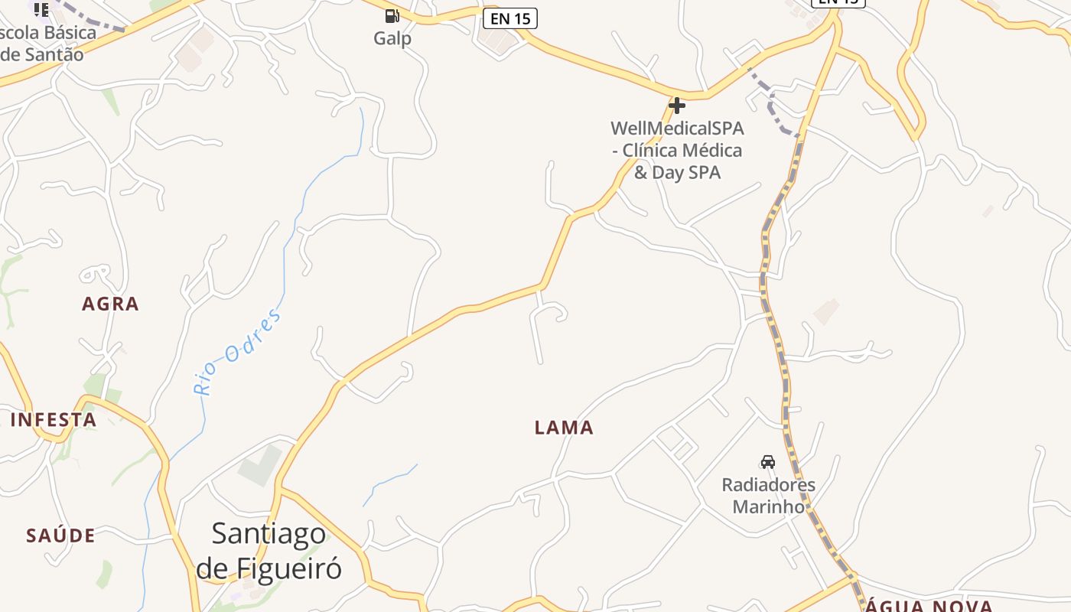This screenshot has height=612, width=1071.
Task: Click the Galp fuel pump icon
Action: pos(392,15)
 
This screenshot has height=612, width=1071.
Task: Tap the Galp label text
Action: pos(392,38)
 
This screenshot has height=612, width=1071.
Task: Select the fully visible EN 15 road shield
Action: pos(510,18)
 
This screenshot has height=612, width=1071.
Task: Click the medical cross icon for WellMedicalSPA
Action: pos(677,105)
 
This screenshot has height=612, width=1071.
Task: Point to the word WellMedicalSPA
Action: pos(677,129)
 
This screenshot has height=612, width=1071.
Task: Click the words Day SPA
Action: pos(686,172)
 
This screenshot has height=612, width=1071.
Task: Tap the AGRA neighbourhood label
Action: pos(111,304)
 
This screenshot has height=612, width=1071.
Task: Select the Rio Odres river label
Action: pos(238,351)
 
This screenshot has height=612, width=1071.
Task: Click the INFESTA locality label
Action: pos(54,420)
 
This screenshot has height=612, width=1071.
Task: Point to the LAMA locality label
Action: pos(564,428)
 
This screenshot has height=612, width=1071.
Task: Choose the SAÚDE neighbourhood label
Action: pos(61,535)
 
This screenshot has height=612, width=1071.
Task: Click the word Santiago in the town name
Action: pos(269,533)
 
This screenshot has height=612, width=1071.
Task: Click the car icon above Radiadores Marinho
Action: pos(768,461)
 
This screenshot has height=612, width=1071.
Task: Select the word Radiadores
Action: pos(769,484)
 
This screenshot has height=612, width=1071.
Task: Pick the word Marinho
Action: pos(769,506)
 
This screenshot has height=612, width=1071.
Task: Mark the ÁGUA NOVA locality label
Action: pos(929,606)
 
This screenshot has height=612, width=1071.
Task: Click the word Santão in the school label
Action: pos(51,54)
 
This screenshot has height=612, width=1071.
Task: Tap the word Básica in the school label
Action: pos(70,33)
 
